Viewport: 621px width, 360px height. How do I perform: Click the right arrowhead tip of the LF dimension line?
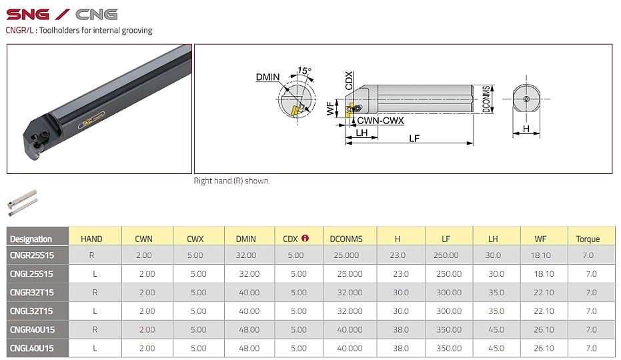click(473, 143)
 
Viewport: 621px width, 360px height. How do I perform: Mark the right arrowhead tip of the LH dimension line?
click(378, 138)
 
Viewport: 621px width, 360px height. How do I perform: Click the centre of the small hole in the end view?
click(526, 99)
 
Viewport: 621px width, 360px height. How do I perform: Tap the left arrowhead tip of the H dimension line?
click(513, 134)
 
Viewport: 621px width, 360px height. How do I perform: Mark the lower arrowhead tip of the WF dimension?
click(337, 117)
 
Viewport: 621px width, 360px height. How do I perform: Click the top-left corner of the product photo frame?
click(7, 45)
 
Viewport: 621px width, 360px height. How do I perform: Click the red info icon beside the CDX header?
click(305, 238)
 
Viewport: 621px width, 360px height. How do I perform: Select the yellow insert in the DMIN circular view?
click(294, 111)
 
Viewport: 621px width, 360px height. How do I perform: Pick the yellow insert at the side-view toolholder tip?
click(349, 111)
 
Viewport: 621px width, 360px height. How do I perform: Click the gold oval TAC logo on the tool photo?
click(91, 119)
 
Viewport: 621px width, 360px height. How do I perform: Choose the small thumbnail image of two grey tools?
click(23, 203)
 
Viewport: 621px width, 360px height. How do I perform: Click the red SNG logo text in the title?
click(28, 15)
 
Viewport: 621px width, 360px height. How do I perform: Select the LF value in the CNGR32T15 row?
click(449, 292)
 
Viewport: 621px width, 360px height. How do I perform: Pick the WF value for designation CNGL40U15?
click(544, 348)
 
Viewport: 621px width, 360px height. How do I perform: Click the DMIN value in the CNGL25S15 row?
click(249, 273)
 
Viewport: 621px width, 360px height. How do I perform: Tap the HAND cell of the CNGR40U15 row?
click(95, 329)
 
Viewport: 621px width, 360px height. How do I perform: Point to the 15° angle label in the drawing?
click(304, 71)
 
